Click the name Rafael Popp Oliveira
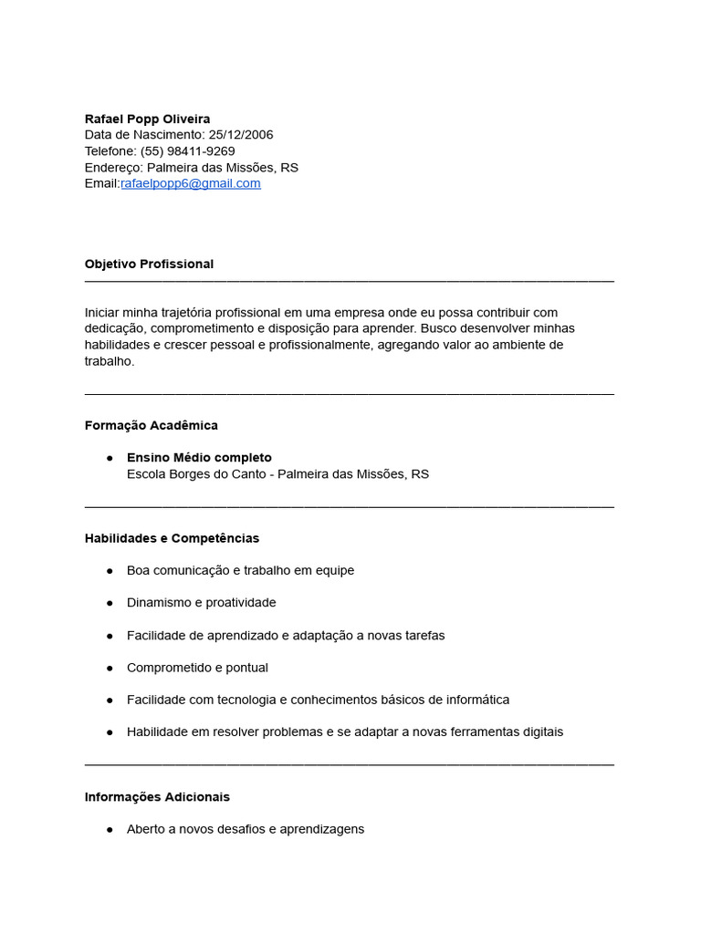147,119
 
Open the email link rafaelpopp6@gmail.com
191,183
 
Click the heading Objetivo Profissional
149,264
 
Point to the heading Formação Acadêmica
151,425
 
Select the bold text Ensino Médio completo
199,458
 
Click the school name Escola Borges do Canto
198,474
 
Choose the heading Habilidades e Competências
172,538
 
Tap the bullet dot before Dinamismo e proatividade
109,603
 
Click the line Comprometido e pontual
197,668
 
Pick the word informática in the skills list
476,700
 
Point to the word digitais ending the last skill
541,732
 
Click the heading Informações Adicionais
157,797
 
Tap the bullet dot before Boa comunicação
109,571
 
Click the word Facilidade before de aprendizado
155,635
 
